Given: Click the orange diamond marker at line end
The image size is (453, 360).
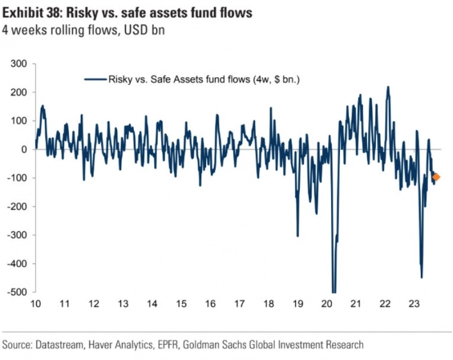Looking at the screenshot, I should coord(436,177).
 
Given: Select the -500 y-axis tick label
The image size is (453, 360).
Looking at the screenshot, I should coord(18,292).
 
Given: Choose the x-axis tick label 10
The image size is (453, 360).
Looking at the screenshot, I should coord(35,304).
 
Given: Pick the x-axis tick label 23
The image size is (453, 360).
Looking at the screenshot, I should coord(414,304).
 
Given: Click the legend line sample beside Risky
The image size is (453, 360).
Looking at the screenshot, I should coord(95,78).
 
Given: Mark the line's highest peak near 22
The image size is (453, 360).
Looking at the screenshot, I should coord(388,87).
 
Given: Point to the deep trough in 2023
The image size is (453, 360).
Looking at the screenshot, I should coord(421,277).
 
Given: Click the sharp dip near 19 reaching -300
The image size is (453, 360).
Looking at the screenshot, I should coord(298,236).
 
